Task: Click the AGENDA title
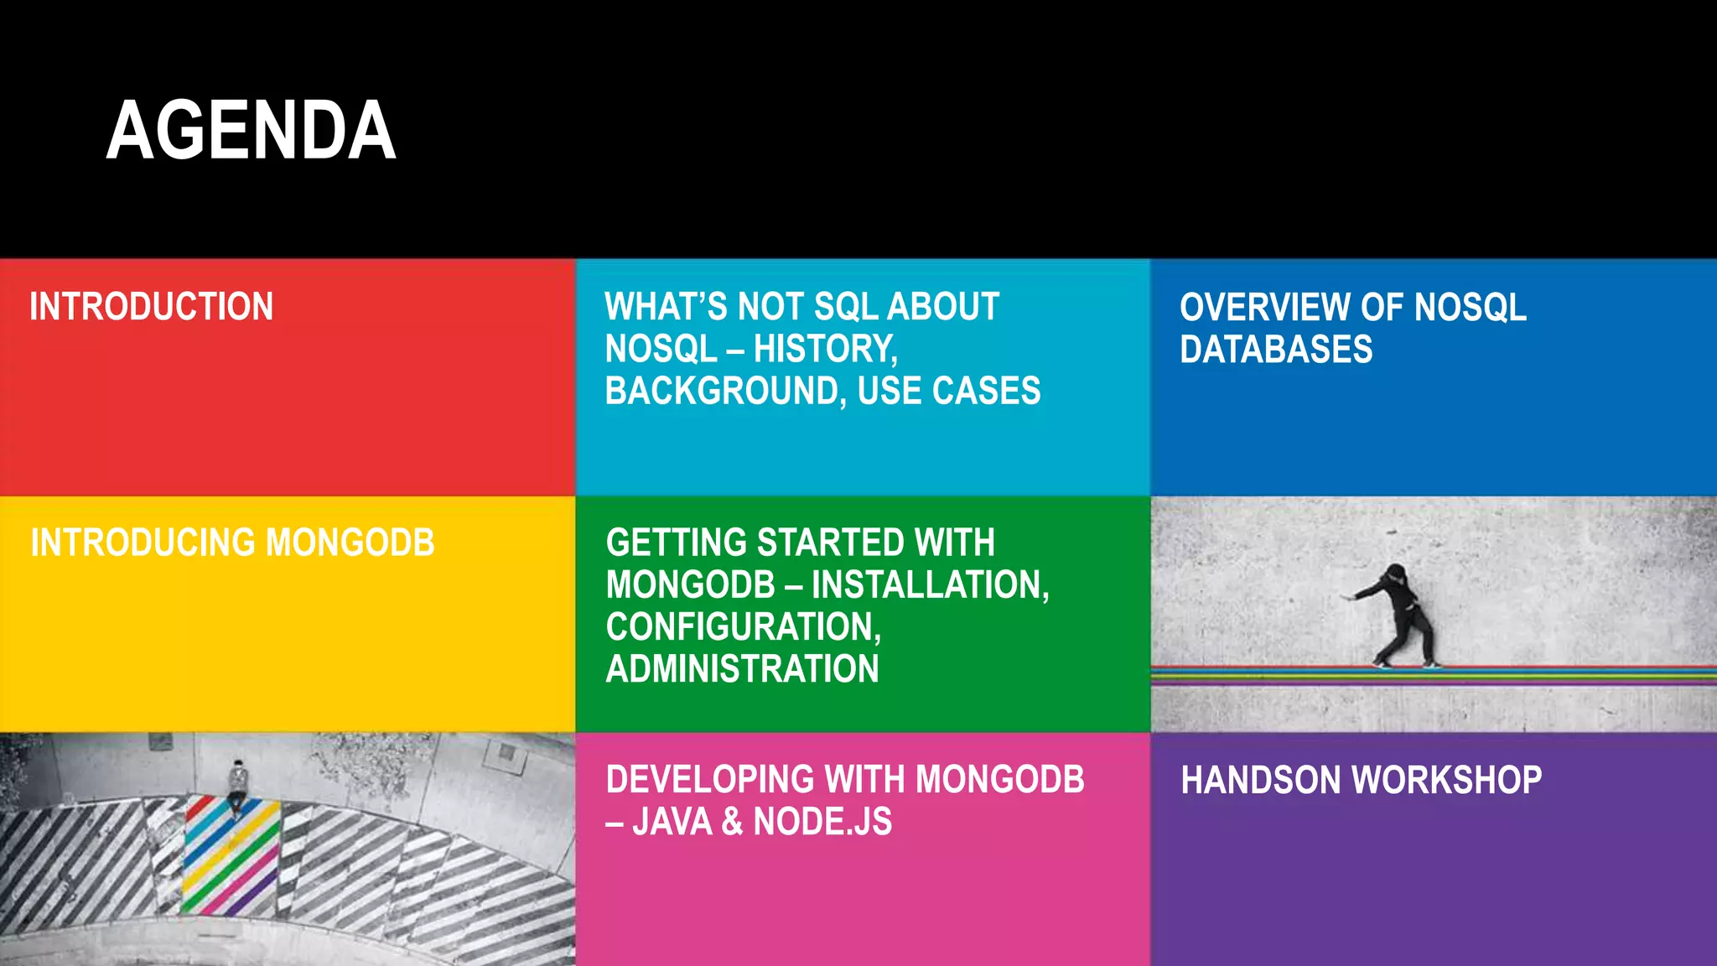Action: pyautogui.click(x=251, y=131)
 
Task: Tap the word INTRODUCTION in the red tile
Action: pyautogui.click(x=152, y=307)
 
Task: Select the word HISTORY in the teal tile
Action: pyautogui.click(x=825, y=349)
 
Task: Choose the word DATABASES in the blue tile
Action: pyautogui.click(x=1276, y=350)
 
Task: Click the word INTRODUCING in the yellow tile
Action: pyautogui.click(x=143, y=543)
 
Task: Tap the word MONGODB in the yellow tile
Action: pyautogui.click(x=350, y=543)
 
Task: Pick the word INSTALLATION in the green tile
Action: pyautogui.click(x=930, y=585)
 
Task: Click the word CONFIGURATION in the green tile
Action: pyautogui.click(x=743, y=627)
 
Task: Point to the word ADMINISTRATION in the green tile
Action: pyautogui.click(x=742, y=669)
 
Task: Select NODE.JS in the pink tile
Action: pyautogui.click(x=822, y=822)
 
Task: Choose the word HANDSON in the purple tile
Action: pyautogui.click(x=1254, y=780)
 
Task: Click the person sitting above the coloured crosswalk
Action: pyautogui.click(x=238, y=783)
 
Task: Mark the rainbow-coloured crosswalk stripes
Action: pyautogui.click(x=230, y=855)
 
